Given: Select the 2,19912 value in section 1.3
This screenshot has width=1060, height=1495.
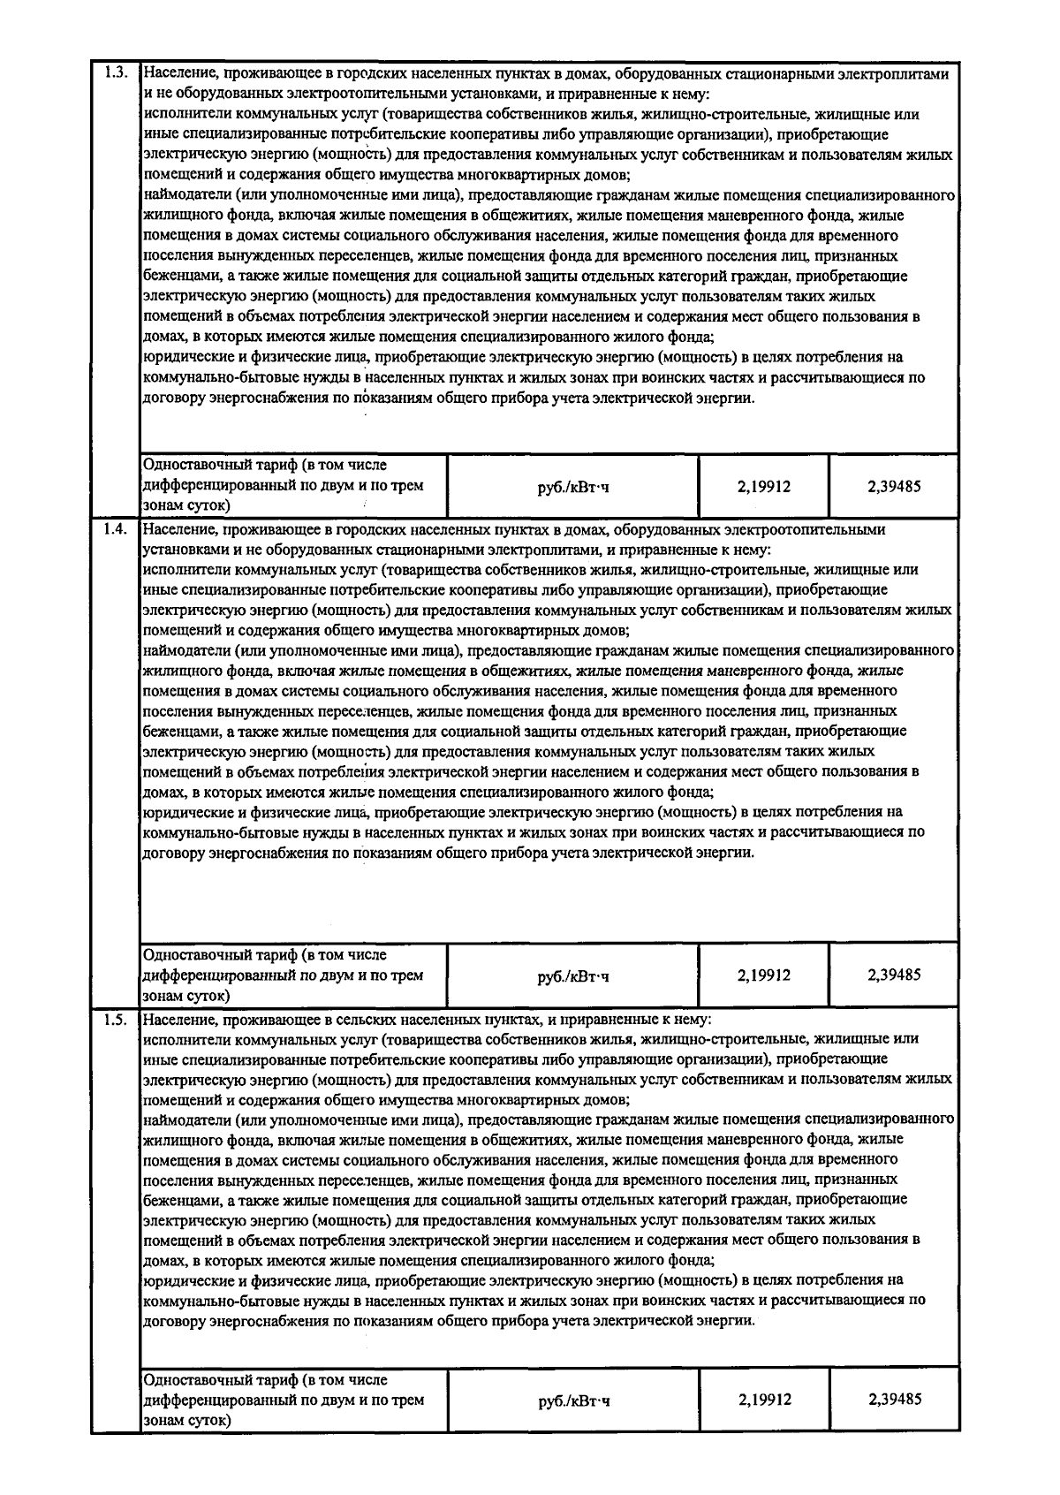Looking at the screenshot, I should pyautogui.click(x=764, y=486).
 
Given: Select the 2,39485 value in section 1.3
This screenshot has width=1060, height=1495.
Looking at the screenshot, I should pyautogui.click(x=894, y=486).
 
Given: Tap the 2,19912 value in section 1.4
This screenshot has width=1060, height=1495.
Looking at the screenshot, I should pyautogui.click(x=764, y=975).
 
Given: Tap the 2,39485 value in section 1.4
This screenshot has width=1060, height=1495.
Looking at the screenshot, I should pyautogui.click(x=894, y=975).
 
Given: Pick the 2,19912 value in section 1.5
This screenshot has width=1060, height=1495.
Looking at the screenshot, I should pyautogui.click(x=764, y=1400).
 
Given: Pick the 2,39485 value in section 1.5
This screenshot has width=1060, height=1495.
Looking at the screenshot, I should pyautogui.click(x=894, y=1400).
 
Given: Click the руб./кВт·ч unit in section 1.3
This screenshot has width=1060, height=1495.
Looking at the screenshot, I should pyautogui.click(x=573, y=487).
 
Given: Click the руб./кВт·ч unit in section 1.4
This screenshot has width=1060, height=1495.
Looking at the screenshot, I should pyautogui.click(x=573, y=976).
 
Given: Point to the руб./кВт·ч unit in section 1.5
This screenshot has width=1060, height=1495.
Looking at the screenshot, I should pyautogui.click(x=573, y=1400).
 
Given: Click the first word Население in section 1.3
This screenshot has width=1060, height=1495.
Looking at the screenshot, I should pyautogui.click(x=180, y=74).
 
